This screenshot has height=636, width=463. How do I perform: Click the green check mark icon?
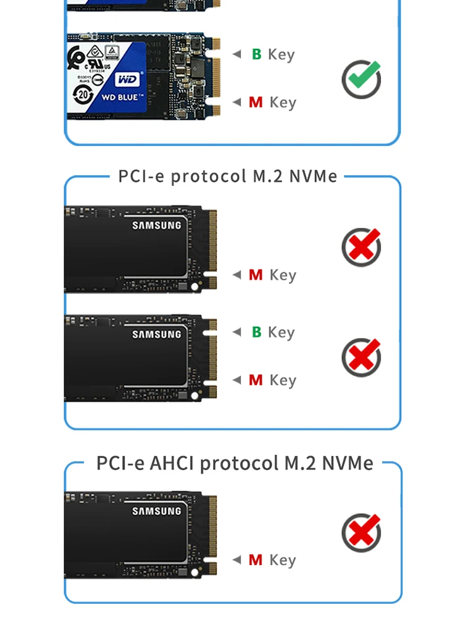tap(362, 79)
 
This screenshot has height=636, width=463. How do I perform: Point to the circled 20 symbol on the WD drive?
tap(83, 94)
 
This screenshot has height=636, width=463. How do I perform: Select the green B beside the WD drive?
tap(257, 54)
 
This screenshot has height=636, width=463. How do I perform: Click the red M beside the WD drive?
tap(256, 103)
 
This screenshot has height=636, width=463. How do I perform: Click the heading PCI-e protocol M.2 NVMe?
tap(228, 176)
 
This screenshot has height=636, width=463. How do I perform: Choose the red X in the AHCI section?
tap(362, 533)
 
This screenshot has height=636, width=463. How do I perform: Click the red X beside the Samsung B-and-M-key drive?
tap(362, 357)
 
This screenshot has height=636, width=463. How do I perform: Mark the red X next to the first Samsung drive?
tap(362, 247)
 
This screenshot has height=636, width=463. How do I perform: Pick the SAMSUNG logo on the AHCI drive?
tap(157, 511)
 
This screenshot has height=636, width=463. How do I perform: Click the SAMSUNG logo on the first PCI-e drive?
tap(157, 225)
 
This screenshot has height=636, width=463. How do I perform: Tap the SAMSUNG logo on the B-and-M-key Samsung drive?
tap(157, 335)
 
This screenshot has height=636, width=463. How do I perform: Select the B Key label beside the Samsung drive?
tap(273, 332)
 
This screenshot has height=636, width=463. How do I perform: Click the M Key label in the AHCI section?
tap(272, 560)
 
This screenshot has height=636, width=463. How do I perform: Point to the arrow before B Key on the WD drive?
tap(236, 54)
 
